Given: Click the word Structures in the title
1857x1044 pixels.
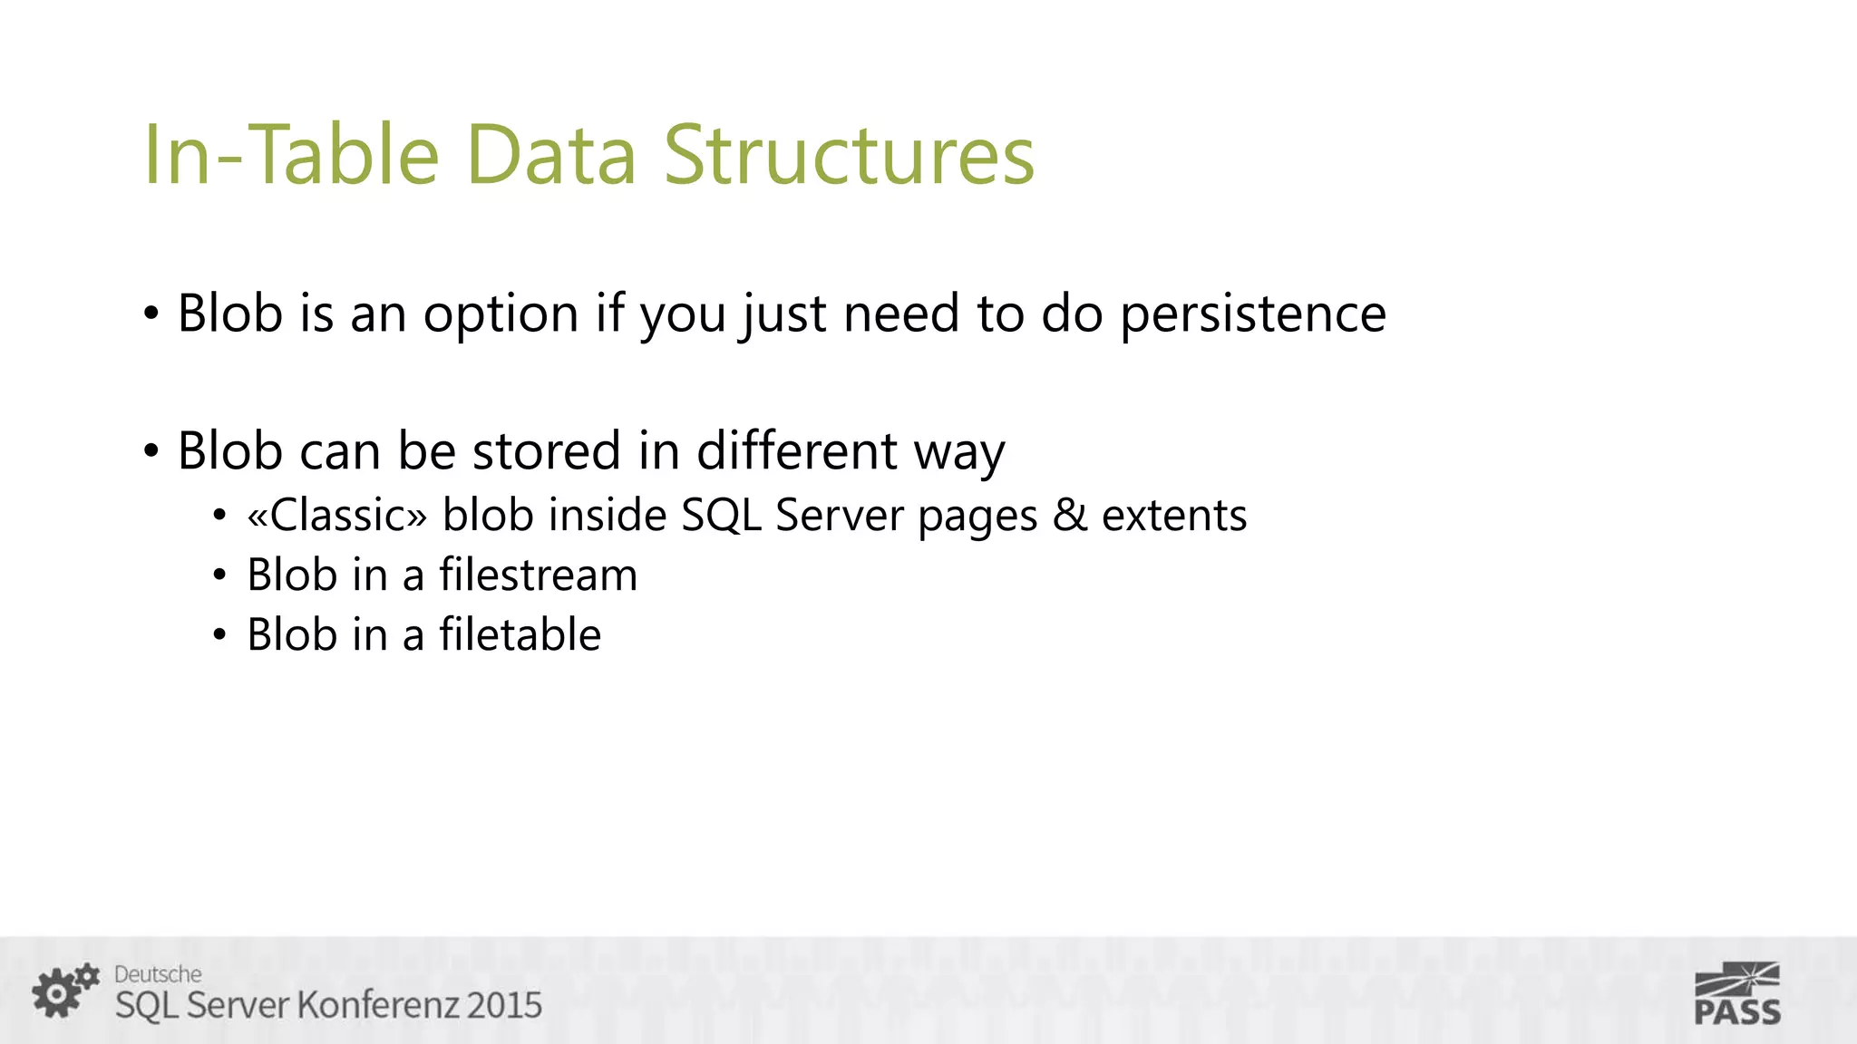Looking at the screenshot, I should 849,156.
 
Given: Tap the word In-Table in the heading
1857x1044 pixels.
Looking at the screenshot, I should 291,156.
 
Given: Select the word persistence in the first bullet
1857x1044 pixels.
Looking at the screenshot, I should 1253,314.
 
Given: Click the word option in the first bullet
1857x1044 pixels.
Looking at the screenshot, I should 501,314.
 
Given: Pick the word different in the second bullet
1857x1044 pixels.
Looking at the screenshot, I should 796,450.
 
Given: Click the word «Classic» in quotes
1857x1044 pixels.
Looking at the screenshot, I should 336,516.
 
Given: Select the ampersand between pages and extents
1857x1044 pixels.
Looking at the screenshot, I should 1069,516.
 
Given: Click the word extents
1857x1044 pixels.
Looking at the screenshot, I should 1174,516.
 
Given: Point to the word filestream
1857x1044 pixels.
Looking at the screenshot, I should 538,575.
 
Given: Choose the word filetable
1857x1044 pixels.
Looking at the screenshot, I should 520,634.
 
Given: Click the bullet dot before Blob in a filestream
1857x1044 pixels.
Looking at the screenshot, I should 219,576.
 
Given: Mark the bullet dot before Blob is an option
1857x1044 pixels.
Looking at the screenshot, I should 151,315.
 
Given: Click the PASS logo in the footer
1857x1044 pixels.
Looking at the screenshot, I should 1737,994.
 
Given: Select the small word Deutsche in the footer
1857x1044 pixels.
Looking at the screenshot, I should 158,974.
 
